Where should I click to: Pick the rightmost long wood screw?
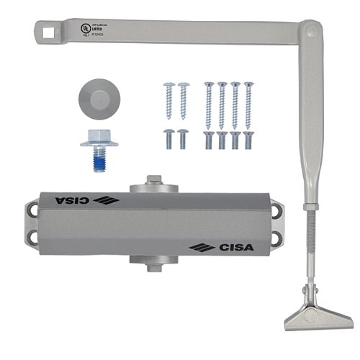[248, 104]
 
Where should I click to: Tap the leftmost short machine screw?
[169, 137]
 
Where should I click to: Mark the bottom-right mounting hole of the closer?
[276, 243]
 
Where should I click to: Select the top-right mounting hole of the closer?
[276, 208]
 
